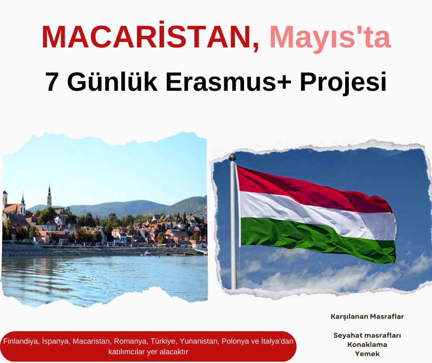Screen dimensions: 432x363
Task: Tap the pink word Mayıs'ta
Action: pos(330,38)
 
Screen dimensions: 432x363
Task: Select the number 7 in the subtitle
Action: pos(51,82)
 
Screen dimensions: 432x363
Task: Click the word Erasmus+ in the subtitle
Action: pos(228,82)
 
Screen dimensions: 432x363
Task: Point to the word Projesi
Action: pos(343,83)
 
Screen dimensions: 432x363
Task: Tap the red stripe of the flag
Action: pos(311,188)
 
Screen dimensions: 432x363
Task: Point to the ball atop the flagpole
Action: pos(233,158)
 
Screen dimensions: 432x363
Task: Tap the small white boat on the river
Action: pos(148,253)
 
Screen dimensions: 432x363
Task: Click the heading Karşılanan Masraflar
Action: pos(367,316)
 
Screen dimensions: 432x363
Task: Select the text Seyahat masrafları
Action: pos(367,335)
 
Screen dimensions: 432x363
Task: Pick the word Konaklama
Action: pos(367,345)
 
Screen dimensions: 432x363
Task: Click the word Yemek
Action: pos(367,354)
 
